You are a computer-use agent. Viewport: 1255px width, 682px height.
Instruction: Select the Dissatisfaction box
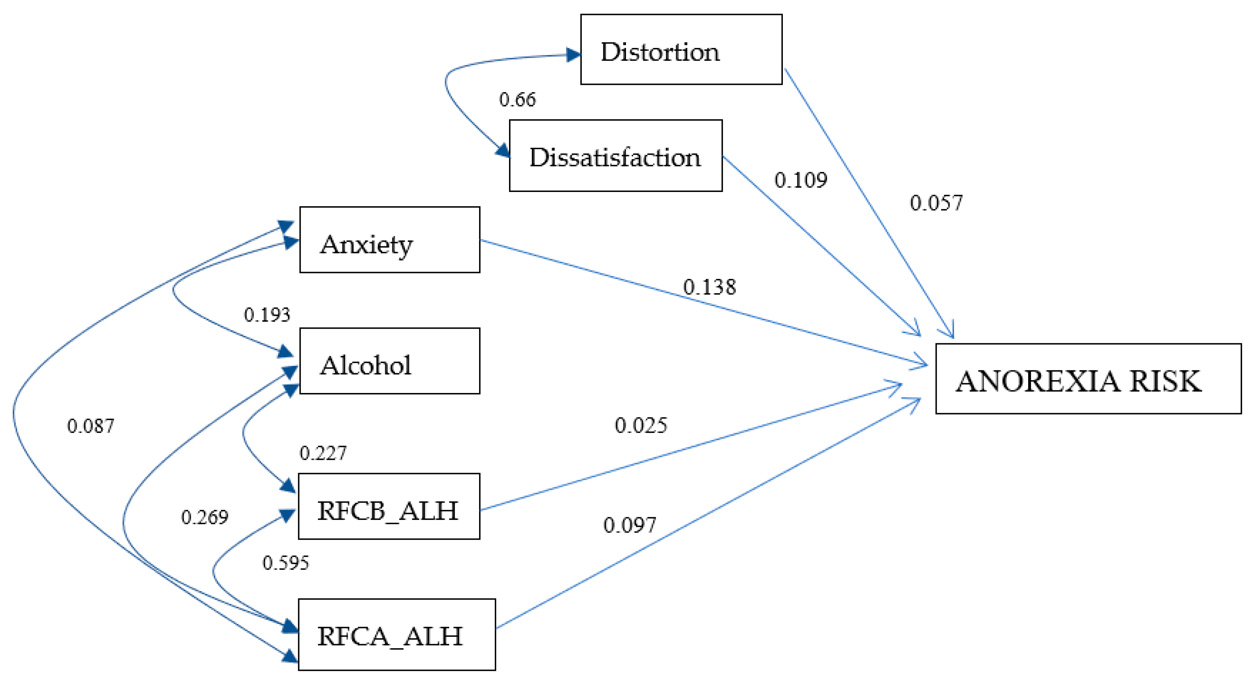point(615,155)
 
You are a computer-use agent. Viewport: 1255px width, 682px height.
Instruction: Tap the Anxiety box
point(389,240)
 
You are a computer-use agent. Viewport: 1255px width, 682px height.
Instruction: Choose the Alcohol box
point(389,361)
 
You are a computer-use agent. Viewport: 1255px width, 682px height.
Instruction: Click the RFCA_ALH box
point(397,635)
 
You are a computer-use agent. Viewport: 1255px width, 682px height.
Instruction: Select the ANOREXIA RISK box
point(1088,379)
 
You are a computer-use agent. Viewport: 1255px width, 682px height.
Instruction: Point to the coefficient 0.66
point(517,99)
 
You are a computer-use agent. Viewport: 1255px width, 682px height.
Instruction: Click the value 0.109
point(801,180)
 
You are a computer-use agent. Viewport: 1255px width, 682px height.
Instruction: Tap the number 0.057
point(936,203)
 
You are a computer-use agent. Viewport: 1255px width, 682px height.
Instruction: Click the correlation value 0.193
point(267,315)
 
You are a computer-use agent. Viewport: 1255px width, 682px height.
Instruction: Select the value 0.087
point(90,426)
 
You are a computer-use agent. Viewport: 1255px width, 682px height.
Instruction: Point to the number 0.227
point(323,454)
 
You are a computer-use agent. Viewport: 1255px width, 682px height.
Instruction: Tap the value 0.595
point(286,563)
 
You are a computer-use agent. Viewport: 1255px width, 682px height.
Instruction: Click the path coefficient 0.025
point(640,425)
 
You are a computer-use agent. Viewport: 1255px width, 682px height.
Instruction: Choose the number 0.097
point(629,525)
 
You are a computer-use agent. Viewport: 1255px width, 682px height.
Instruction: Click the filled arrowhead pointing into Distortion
point(573,55)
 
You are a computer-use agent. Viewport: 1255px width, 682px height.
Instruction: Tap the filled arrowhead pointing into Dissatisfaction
point(503,151)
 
